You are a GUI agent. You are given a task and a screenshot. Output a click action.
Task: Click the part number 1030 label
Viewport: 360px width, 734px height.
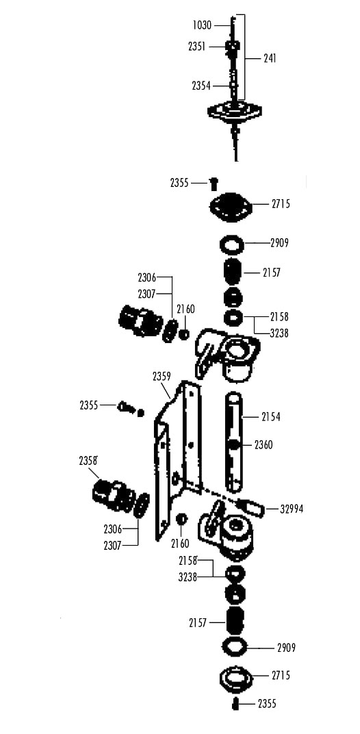(x=202, y=25)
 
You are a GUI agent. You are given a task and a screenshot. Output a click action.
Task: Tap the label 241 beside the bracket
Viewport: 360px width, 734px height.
(x=269, y=58)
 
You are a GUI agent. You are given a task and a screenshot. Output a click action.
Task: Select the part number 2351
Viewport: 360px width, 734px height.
(x=197, y=47)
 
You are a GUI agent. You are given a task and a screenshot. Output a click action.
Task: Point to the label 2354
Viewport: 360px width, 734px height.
(x=201, y=86)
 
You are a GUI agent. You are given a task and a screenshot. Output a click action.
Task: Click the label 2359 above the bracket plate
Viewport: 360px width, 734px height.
(x=162, y=377)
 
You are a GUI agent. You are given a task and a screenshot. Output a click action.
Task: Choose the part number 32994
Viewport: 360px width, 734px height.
(x=292, y=509)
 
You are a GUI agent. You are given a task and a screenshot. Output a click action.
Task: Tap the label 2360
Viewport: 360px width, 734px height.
(x=263, y=444)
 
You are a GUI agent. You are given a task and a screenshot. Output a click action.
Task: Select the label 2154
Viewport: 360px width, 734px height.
(x=271, y=416)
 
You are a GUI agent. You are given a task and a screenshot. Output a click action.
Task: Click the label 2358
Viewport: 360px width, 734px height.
(x=88, y=461)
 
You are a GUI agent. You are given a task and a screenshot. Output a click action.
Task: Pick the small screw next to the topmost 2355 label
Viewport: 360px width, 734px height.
(x=214, y=183)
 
